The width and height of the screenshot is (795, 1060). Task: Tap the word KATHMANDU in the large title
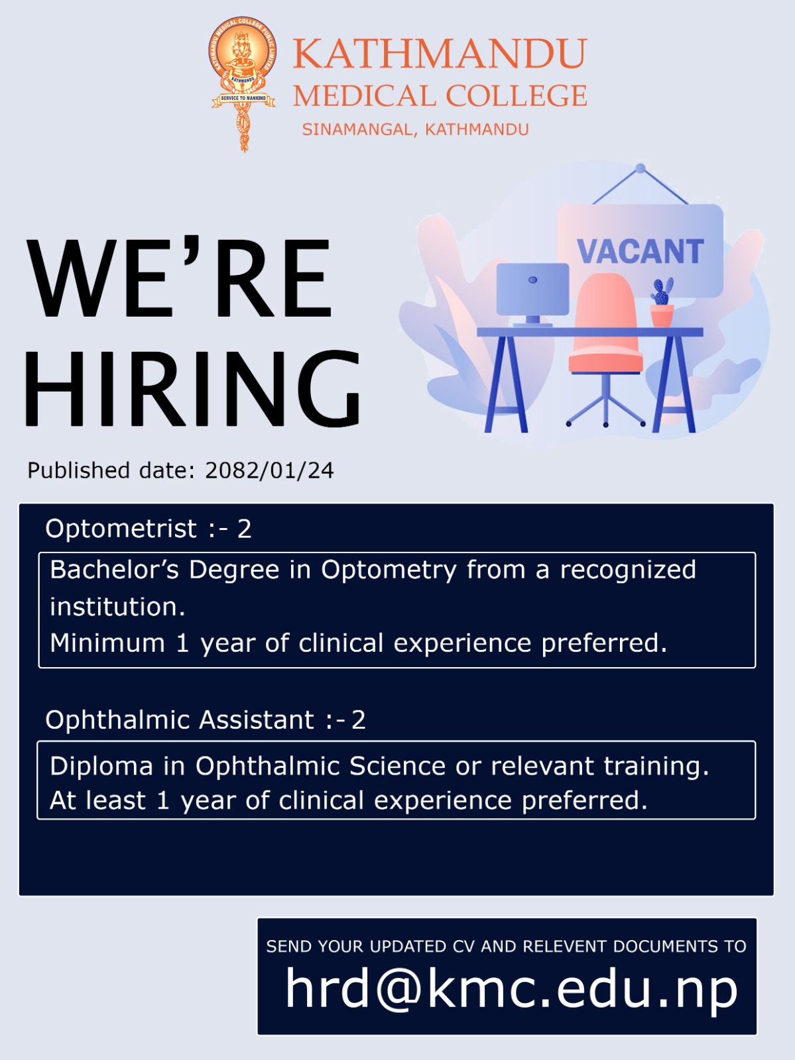click(440, 53)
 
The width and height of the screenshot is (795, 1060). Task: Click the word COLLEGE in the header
click(516, 95)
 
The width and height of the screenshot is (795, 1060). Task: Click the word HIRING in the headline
click(192, 390)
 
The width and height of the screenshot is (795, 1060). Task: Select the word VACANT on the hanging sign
click(641, 252)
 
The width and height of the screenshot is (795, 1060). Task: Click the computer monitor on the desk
click(532, 295)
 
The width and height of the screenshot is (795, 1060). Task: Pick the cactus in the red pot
click(662, 302)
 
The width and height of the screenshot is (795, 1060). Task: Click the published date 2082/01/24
click(269, 470)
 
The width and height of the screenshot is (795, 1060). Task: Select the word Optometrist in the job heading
click(121, 528)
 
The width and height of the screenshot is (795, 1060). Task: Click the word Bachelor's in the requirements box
click(115, 569)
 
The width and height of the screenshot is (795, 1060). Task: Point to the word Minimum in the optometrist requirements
click(107, 643)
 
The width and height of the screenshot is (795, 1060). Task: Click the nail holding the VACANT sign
click(641, 168)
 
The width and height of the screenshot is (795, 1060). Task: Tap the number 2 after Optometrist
click(244, 529)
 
